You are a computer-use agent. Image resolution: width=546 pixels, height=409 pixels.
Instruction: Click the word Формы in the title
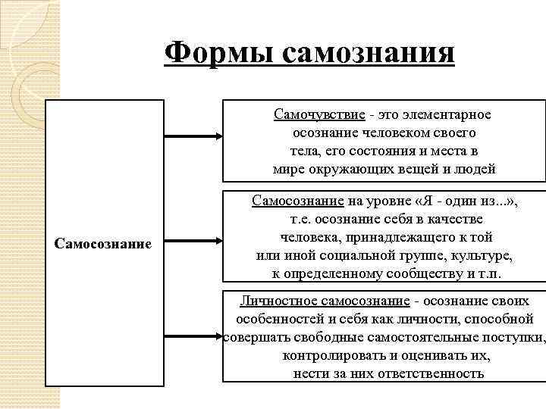[x=218, y=53]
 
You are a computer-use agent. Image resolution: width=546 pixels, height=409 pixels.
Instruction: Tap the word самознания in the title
[x=369, y=53]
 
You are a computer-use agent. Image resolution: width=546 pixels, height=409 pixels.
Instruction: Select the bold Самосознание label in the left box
[x=104, y=244]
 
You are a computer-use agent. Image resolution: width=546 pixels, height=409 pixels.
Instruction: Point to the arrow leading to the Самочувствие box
[x=193, y=136]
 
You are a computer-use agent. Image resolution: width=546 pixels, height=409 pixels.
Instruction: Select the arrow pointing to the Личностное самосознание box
[x=193, y=333]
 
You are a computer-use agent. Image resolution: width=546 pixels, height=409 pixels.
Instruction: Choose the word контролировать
[x=336, y=355]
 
